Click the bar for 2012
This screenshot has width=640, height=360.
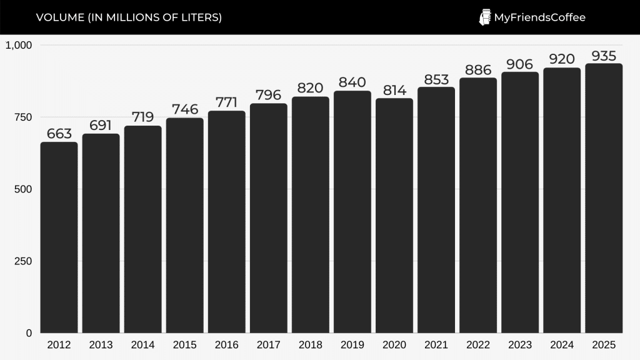tap(59, 237)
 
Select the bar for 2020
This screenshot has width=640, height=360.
tap(394, 216)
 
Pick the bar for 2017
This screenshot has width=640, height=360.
tap(269, 218)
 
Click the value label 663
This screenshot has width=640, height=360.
tap(59, 134)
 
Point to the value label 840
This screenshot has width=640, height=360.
tap(352, 82)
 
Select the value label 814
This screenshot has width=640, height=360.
tap(394, 90)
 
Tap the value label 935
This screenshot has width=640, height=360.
tap(604, 56)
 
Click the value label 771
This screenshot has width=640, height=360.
tap(227, 102)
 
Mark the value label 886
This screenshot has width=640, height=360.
tap(478, 69)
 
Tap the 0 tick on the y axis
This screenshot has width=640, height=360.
tap(28, 333)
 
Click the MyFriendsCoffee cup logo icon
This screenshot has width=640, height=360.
tap(485, 17)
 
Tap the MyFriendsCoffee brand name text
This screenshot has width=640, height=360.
tap(539, 17)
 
